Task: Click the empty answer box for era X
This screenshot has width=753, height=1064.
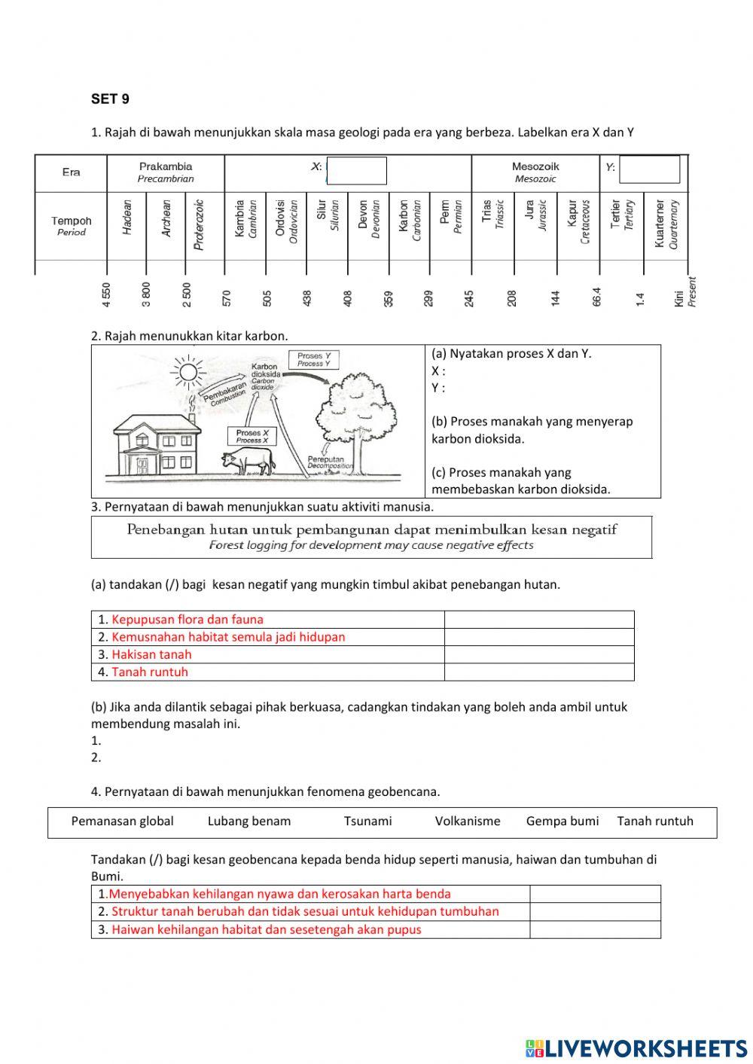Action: pyautogui.click(x=357, y=171)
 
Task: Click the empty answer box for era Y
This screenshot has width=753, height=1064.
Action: pyautogui.click(x=649, y=169)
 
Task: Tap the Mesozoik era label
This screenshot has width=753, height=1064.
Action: pyautogui.click(x=535, y=172)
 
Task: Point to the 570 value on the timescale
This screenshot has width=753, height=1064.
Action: pyautogui.click(x=227, y=297)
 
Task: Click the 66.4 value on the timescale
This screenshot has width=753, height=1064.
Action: pyautogui.click(x=597, y=296)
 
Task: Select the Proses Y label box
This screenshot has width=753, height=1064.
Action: pyautogui.click(x=314, y=359)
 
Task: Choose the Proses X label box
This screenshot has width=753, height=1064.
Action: pyautogui.click(x=252, y=436)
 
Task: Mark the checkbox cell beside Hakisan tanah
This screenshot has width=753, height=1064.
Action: pyautogui.click(x=539, y=654)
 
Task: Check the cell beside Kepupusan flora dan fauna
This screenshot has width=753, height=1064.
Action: pyautogui.click(x=539, y=620)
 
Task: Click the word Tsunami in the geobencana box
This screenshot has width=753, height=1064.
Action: pyautogui.click(x=367, y=821)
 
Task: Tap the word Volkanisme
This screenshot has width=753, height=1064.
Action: pyautogui.click(x=468, y=821)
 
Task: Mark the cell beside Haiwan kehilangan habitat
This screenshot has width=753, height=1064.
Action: pyautogui.click(x=595, y=929)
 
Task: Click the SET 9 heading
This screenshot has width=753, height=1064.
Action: pyautogui.click(x=110, y=99)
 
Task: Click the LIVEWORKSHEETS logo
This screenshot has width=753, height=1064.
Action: pyautogui.click(x=636, y=1047)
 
